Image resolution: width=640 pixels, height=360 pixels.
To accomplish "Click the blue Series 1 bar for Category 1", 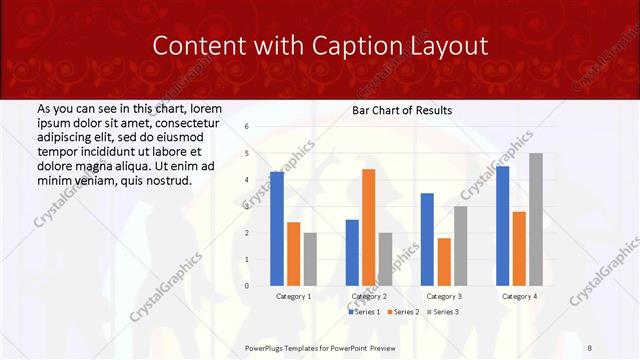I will coord(277,229).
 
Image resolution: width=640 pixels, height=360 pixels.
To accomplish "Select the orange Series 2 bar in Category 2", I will coord(368,227).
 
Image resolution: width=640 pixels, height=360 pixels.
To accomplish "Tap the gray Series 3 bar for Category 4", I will coord(536,219).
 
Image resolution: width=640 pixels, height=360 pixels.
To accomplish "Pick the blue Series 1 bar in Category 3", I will coord(427,239).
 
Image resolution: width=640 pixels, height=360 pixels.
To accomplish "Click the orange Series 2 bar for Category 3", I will coord(444,261).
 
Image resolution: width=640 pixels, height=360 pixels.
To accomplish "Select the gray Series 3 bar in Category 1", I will coord(310,259).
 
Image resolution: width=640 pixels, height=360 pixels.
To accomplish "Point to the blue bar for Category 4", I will coord(502,226).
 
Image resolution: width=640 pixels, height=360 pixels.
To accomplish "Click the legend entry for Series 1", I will coord(365,312).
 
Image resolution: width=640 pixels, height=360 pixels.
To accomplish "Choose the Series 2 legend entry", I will coord(402,312).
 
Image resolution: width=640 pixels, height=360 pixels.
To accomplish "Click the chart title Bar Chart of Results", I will coord(402,110).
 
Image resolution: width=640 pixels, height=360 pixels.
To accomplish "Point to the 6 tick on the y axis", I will coord(247,127).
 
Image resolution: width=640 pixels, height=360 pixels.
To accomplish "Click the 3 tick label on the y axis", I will coord(247,206).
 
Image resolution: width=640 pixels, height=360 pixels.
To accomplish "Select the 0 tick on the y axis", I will coord(247,286).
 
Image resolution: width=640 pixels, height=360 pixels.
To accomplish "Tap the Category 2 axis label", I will coord(369,297).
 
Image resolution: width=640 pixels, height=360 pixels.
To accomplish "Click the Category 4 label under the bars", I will coord(518,297).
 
